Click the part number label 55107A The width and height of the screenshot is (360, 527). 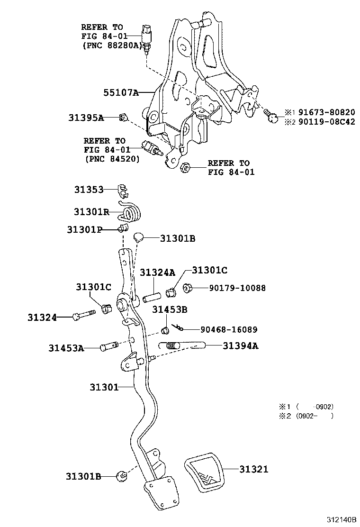click(121, 93)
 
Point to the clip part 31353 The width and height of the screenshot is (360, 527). click(123, 190)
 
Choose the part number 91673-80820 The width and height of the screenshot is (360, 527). click(326, 112)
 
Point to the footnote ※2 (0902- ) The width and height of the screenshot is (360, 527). click(306, 416)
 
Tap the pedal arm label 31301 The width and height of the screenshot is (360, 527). click(104, 387)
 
